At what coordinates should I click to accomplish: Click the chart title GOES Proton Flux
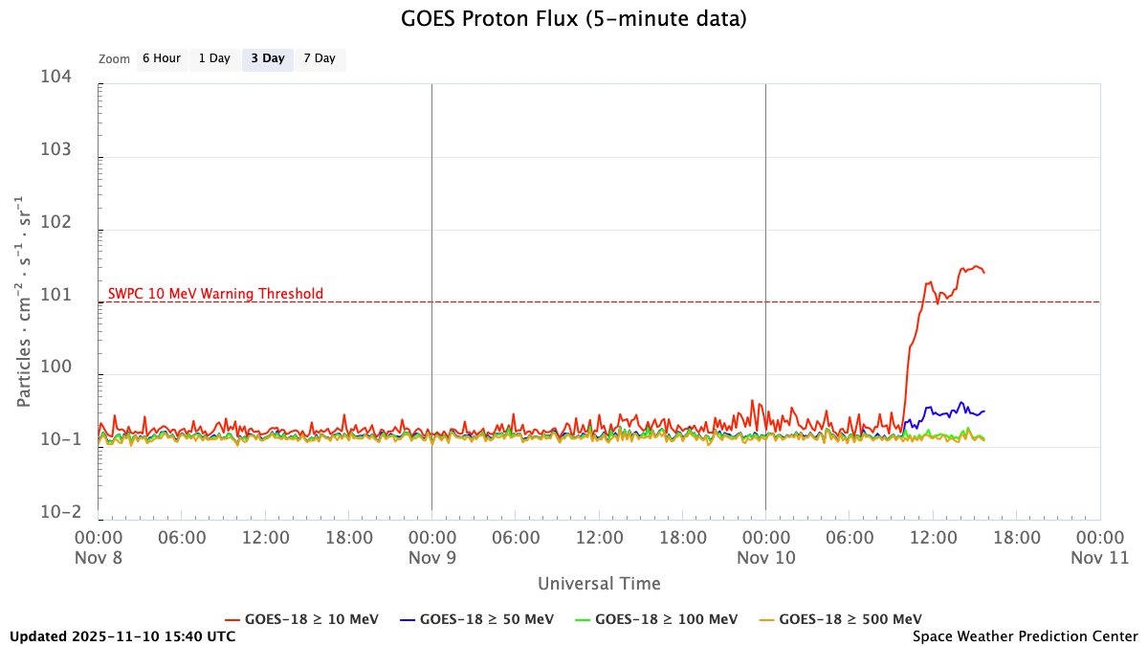click(x=573, y=18)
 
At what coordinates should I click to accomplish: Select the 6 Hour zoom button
click(x=161, y=59)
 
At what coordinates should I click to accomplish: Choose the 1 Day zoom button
click(x=214, y=59)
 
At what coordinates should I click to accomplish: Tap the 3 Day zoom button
click(x=267, y=59)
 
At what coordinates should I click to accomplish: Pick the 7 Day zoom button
click(x=320, y=59)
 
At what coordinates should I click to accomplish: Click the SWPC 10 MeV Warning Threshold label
click(x=215, y=294)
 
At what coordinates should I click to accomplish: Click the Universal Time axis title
click(x=599, y=583)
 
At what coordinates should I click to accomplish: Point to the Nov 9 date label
click(x=432, y=556)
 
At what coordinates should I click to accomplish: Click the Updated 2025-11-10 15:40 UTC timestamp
click(x=122, y=635)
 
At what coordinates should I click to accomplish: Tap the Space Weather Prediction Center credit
click(x=1025, y=635)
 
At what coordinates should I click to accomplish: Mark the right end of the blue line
click(x=984, y=411)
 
